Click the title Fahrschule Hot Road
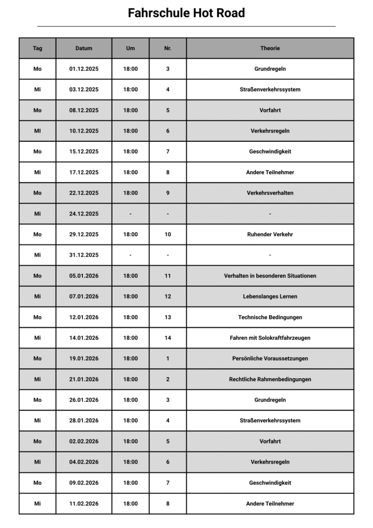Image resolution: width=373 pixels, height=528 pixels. (x=186, y=13)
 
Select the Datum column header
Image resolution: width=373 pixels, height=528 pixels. (x=84, y=48)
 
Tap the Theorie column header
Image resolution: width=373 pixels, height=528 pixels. (x=270, y=48)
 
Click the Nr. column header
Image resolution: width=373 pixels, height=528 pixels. (x=168, y=48)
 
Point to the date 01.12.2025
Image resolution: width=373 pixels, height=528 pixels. (x=84, y=69)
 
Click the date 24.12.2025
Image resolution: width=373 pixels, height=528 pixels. (x=84, y=214)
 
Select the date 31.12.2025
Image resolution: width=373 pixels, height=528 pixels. (x=84, y=255)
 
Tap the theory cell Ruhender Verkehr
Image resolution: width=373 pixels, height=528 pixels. (x=270, y=235)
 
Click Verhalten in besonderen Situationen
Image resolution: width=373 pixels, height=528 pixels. (x=270, y=276)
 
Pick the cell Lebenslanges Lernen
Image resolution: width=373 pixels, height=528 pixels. (x=270, y=296)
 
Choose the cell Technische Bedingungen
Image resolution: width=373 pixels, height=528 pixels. (x=270, y=317)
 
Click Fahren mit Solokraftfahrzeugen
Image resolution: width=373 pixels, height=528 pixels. (x=270, y=338)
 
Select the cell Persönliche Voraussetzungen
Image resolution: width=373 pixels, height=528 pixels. (x=270, y=358)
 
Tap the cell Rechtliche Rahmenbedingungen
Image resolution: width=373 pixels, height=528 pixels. (x=270, y=379)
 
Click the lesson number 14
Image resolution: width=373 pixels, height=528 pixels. (x=168, y=338)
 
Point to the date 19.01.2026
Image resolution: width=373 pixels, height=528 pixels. (x=84, y=358)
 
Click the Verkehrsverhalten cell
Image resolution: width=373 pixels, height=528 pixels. (x=270, y=193)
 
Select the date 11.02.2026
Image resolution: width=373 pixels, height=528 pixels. (x=84, y=504)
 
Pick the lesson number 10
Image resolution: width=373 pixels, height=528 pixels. (x=168, y=235)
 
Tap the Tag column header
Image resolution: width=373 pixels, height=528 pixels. (x=38, y=48)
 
